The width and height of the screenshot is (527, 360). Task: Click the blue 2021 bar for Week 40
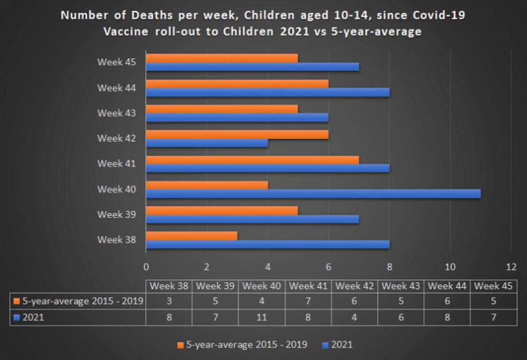click(x=313, y=194)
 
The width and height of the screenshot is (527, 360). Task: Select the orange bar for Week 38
click(x=192, y=236)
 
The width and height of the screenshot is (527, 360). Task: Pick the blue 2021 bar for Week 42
click(x=207, y=143)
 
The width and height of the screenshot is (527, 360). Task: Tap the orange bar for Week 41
click(x=252, y=160)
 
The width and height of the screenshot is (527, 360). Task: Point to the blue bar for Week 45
click(x=252, y=67)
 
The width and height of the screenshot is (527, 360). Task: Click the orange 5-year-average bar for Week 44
click(x=237, y=83)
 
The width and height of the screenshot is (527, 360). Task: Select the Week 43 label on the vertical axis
click(x=116, y=113)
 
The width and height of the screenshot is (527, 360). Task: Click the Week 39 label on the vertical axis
click(x=116, y=214)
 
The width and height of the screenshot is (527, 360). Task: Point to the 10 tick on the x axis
click(x=450, y=267)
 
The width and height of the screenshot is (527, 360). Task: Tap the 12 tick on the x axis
click(x=511, y=267)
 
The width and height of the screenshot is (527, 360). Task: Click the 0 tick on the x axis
click(x=146, y=267)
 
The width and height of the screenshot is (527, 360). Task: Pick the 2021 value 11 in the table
click(x=262, y=317)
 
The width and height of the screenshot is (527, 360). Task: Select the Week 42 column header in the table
click(x=355, y=287)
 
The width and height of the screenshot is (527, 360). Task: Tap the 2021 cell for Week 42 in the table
click(x=355, y=317)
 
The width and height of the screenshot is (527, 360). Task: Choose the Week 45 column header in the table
click(x=494, y=287)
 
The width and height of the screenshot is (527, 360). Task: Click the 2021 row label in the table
click(x=34, y=317)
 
